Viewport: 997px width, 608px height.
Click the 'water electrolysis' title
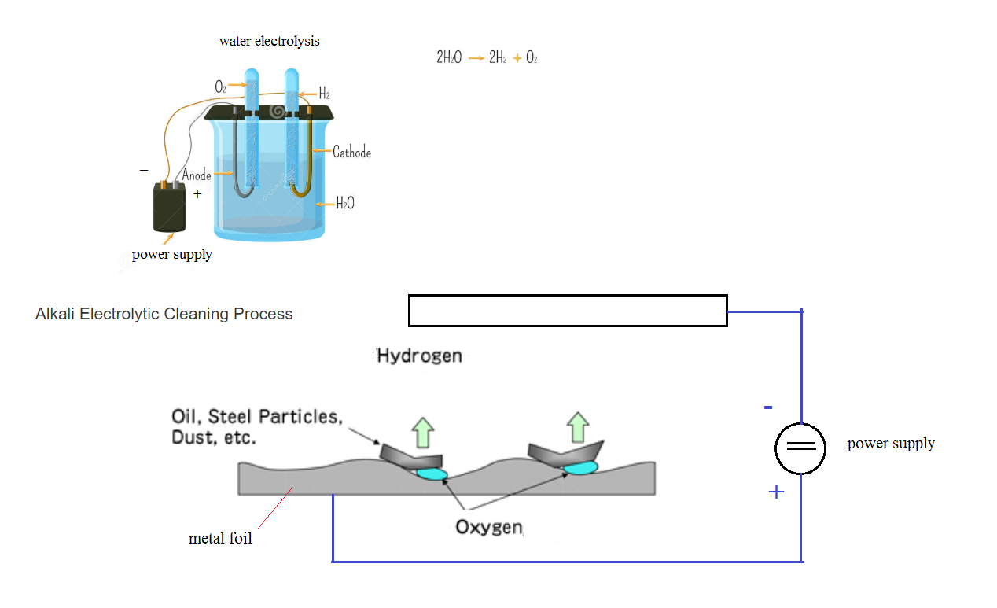[x=269, y=41]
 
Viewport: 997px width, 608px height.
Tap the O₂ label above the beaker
[x=221, y=87]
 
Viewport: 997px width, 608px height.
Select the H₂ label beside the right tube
[x=324, y=94]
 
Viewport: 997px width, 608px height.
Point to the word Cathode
[x=351, y=152]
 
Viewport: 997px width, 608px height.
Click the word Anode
[x=197, y=175]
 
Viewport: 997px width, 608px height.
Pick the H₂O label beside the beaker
[x=345, y=204]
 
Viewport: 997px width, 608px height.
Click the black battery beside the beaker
[x=170, y=208]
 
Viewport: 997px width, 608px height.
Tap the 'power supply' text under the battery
[x=171, y=254]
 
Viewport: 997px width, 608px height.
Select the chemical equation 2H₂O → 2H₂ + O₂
[x=487, y=57]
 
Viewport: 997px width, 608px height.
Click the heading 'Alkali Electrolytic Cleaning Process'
[x=164, y=314]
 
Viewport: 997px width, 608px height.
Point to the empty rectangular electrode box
[x=567, y=311]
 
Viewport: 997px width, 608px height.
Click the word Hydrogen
[x=419, y=356]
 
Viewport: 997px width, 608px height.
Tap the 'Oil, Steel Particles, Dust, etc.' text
[x=256, y=426]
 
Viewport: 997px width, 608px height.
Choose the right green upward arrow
[x=578, y=427]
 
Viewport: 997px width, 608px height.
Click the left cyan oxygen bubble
[x=431, y=474]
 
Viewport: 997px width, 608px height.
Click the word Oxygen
[x=489, y=526]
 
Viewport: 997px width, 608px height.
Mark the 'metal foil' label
[x=220, y=539]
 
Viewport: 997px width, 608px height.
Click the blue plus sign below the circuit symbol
[x=776, y=492]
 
